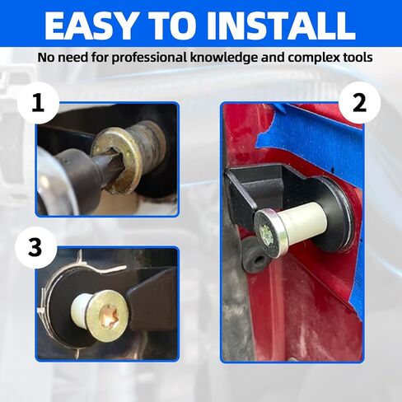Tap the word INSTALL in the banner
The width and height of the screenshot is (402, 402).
pos(284,26)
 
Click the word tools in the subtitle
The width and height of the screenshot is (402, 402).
pos(358,58)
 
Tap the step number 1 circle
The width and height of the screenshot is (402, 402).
pos(38,103)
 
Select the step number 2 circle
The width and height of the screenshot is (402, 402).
pos(359,103)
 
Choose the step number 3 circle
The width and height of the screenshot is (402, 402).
pos(35,248)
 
